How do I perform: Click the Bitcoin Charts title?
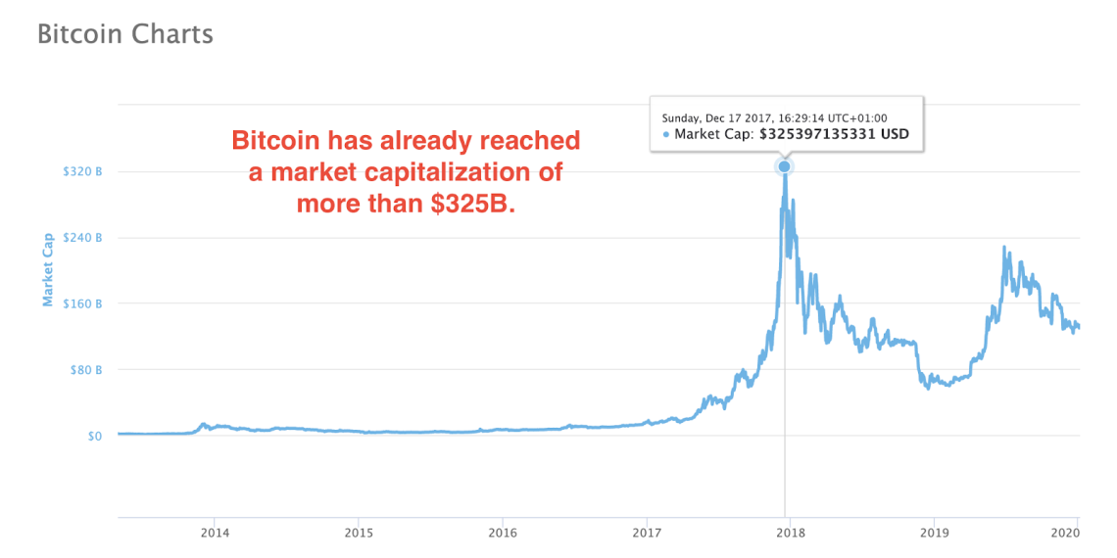(124, 34)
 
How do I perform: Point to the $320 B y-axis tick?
(83, 172)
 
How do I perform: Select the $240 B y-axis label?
(83, 238)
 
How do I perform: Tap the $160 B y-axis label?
(83, 303)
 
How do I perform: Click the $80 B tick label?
(86, 370)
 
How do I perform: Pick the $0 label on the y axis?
(93, 436)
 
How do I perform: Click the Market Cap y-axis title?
(47, 269)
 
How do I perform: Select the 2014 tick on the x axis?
(215, 533)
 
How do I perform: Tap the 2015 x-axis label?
(359, 533)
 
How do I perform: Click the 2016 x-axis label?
(502, 533)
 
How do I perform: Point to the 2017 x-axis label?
(646, 533)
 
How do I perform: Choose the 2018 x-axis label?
(790, 533)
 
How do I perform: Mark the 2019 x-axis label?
(934, 533)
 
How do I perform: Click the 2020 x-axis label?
(1064, 533)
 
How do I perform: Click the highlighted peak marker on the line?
(784, 166)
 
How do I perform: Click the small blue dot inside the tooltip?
(667, 134)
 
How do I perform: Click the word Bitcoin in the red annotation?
(270, 141)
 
